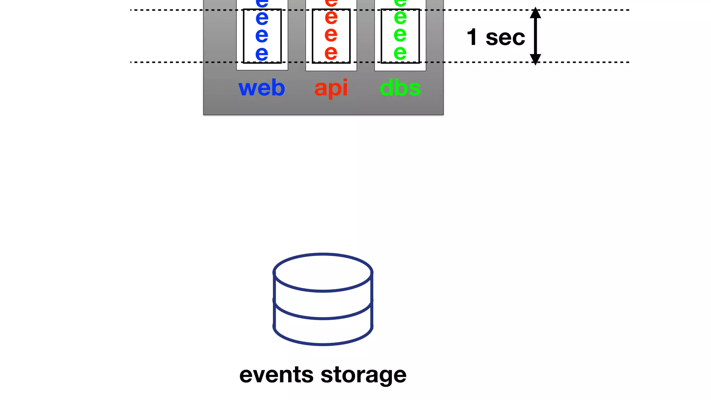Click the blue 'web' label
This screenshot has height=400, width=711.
[261, 88]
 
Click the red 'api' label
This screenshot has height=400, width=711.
[331, 88]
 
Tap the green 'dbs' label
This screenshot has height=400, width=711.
[400, 88]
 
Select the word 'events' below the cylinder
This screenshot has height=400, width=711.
[276, 375]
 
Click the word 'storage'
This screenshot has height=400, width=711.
[363, 376]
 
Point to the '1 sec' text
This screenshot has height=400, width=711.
[495, 37]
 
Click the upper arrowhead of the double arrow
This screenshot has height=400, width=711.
[535, 13]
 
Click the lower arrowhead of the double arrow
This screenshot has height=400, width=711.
[535, 59]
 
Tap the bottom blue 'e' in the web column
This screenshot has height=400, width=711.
[262, 54]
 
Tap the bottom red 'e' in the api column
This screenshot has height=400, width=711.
[331, 53]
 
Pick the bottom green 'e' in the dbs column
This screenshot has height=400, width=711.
[400, 53]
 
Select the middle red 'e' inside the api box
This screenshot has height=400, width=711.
[331, 35]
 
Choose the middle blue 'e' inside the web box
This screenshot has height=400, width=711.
[262, 35]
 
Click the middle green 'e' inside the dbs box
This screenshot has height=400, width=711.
[400, 35]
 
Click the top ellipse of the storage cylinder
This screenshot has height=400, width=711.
[323, 272]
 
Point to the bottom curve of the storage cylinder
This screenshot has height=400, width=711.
[323, 343]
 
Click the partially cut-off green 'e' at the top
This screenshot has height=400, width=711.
[400, 3]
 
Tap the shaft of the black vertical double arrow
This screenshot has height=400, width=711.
[535, 36]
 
